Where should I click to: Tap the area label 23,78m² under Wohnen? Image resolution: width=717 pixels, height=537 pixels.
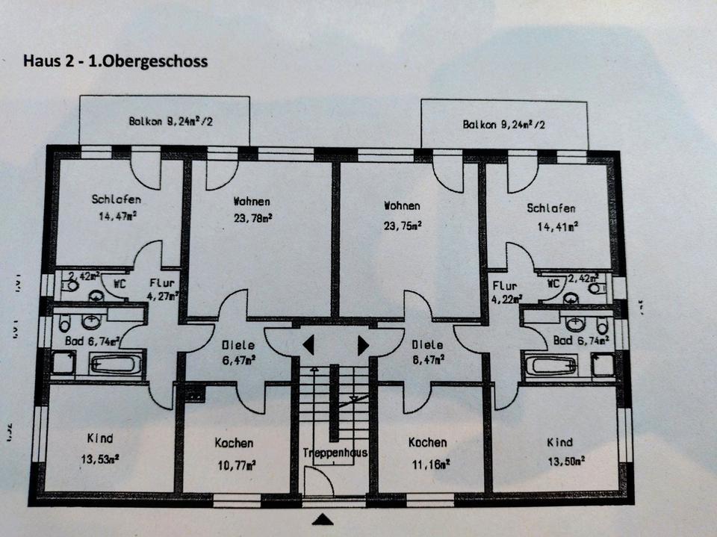(252, 218)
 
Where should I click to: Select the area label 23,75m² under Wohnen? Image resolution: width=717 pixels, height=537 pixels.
(402, 223)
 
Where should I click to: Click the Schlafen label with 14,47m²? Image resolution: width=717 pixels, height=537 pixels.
(117, 199)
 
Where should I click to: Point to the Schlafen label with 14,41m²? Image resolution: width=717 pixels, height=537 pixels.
(551, 208)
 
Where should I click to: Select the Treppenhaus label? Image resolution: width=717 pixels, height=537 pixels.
(333, 453)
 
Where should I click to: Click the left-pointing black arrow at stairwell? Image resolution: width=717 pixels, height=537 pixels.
(308, 345)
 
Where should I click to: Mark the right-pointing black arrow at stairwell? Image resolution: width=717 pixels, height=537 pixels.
(363, 345)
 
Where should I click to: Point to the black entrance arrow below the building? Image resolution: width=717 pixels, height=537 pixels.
(323, 520)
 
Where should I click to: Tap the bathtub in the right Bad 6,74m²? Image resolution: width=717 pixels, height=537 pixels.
(551, 366)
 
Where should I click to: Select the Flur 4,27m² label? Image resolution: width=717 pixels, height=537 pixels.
(161, 290)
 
